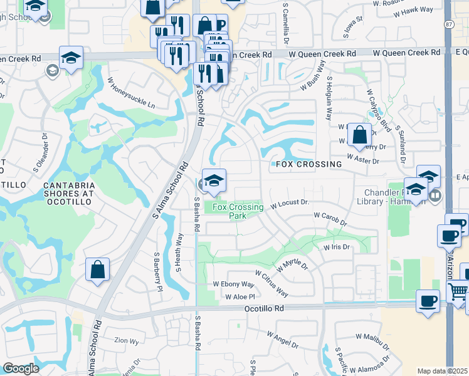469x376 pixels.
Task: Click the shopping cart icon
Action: (x=459, y=292)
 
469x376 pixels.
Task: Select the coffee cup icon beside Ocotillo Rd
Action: (x=428, y=302)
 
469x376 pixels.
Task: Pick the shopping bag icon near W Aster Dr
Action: (x=359, y=135)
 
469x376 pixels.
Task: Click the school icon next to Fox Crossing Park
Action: (x=214, y=181)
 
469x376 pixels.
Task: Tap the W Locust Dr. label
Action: (x=290, y=204)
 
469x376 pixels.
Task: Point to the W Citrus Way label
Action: (x=271, y=284)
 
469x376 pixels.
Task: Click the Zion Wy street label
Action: (x=126, y=342)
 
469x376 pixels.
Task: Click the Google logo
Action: (x=21, y=368)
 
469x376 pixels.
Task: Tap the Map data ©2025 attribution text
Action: (x=442, y=371)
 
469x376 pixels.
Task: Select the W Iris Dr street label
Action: (x=337, y=248)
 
